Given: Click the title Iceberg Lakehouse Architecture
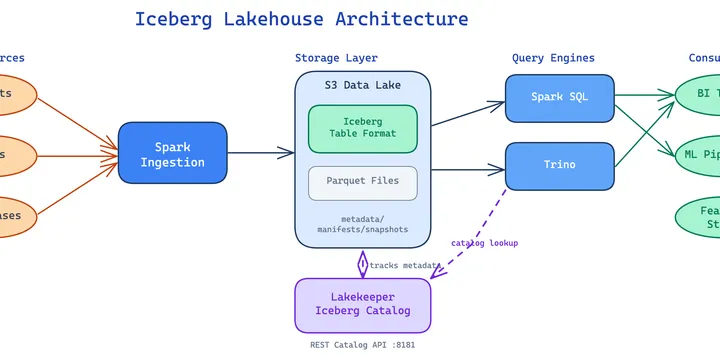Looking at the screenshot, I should point(301,19).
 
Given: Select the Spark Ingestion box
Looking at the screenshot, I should point(172,153).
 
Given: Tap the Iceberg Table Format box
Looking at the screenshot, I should point(362,129).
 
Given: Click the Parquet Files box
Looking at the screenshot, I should point(362,182).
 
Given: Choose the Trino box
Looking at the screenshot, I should point(559,165).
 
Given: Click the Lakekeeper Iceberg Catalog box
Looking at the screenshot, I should point(362,304).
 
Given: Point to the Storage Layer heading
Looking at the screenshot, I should point(336,58).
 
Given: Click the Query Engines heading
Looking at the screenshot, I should point(553,58).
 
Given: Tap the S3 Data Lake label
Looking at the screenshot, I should point(362,86).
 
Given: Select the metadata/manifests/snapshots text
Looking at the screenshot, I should point(362,224).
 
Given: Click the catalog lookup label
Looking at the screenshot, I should point(484,243).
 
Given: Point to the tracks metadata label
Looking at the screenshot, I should point(405,265).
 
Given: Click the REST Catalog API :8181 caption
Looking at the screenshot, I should point(362,345).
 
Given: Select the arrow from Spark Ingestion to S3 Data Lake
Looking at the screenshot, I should point(260,153).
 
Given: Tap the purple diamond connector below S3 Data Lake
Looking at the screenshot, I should point(363,263).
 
